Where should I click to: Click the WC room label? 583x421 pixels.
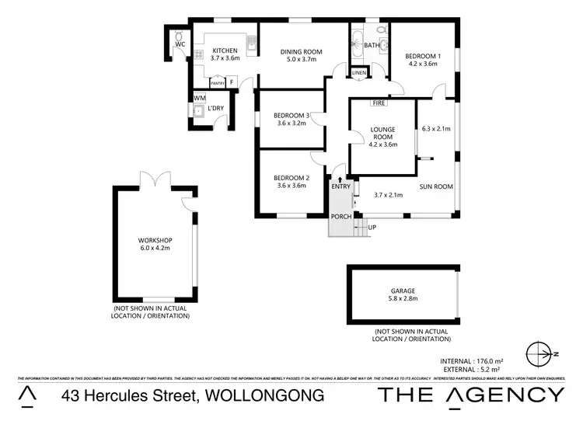click(179, 45)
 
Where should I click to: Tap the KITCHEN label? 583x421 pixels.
click(223, 50)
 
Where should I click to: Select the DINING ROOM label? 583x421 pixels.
click(302, 52)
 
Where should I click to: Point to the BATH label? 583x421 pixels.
click(372, 46)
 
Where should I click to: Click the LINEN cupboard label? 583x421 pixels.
click(358, 73)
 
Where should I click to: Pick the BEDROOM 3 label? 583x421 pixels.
click(291, 117)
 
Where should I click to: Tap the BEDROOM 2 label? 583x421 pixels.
click(291, 179)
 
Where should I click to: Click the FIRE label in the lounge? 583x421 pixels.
click(379, 103)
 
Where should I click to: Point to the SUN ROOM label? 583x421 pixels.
click(437, 186)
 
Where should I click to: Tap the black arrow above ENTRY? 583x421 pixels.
click(340, 179)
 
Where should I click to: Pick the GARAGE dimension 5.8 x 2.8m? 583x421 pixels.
click(403, 298)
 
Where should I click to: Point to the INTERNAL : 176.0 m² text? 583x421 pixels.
click(473, 360)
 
